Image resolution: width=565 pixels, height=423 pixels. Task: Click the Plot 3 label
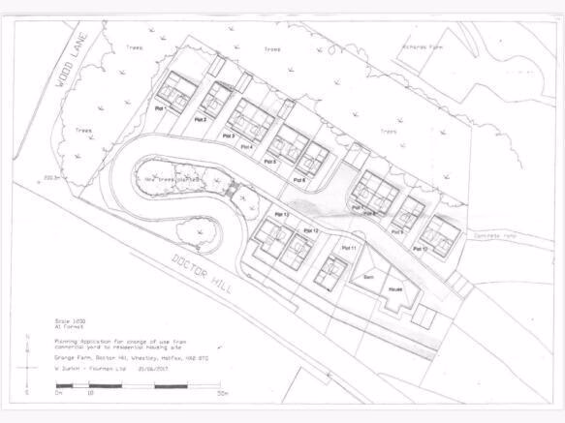(230, 136)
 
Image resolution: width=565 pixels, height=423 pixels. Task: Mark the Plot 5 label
(269, 162)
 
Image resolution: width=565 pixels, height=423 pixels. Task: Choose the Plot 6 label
(298, 180)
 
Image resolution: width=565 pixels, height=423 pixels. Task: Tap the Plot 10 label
(421, 249)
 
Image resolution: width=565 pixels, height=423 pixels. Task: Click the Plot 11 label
(349, 249)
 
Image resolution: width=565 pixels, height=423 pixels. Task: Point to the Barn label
(368, 277)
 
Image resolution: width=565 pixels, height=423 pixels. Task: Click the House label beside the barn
(395, 288)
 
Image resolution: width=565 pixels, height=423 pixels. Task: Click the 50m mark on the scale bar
(223, 394)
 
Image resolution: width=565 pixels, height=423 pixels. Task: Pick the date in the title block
(157, 367)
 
